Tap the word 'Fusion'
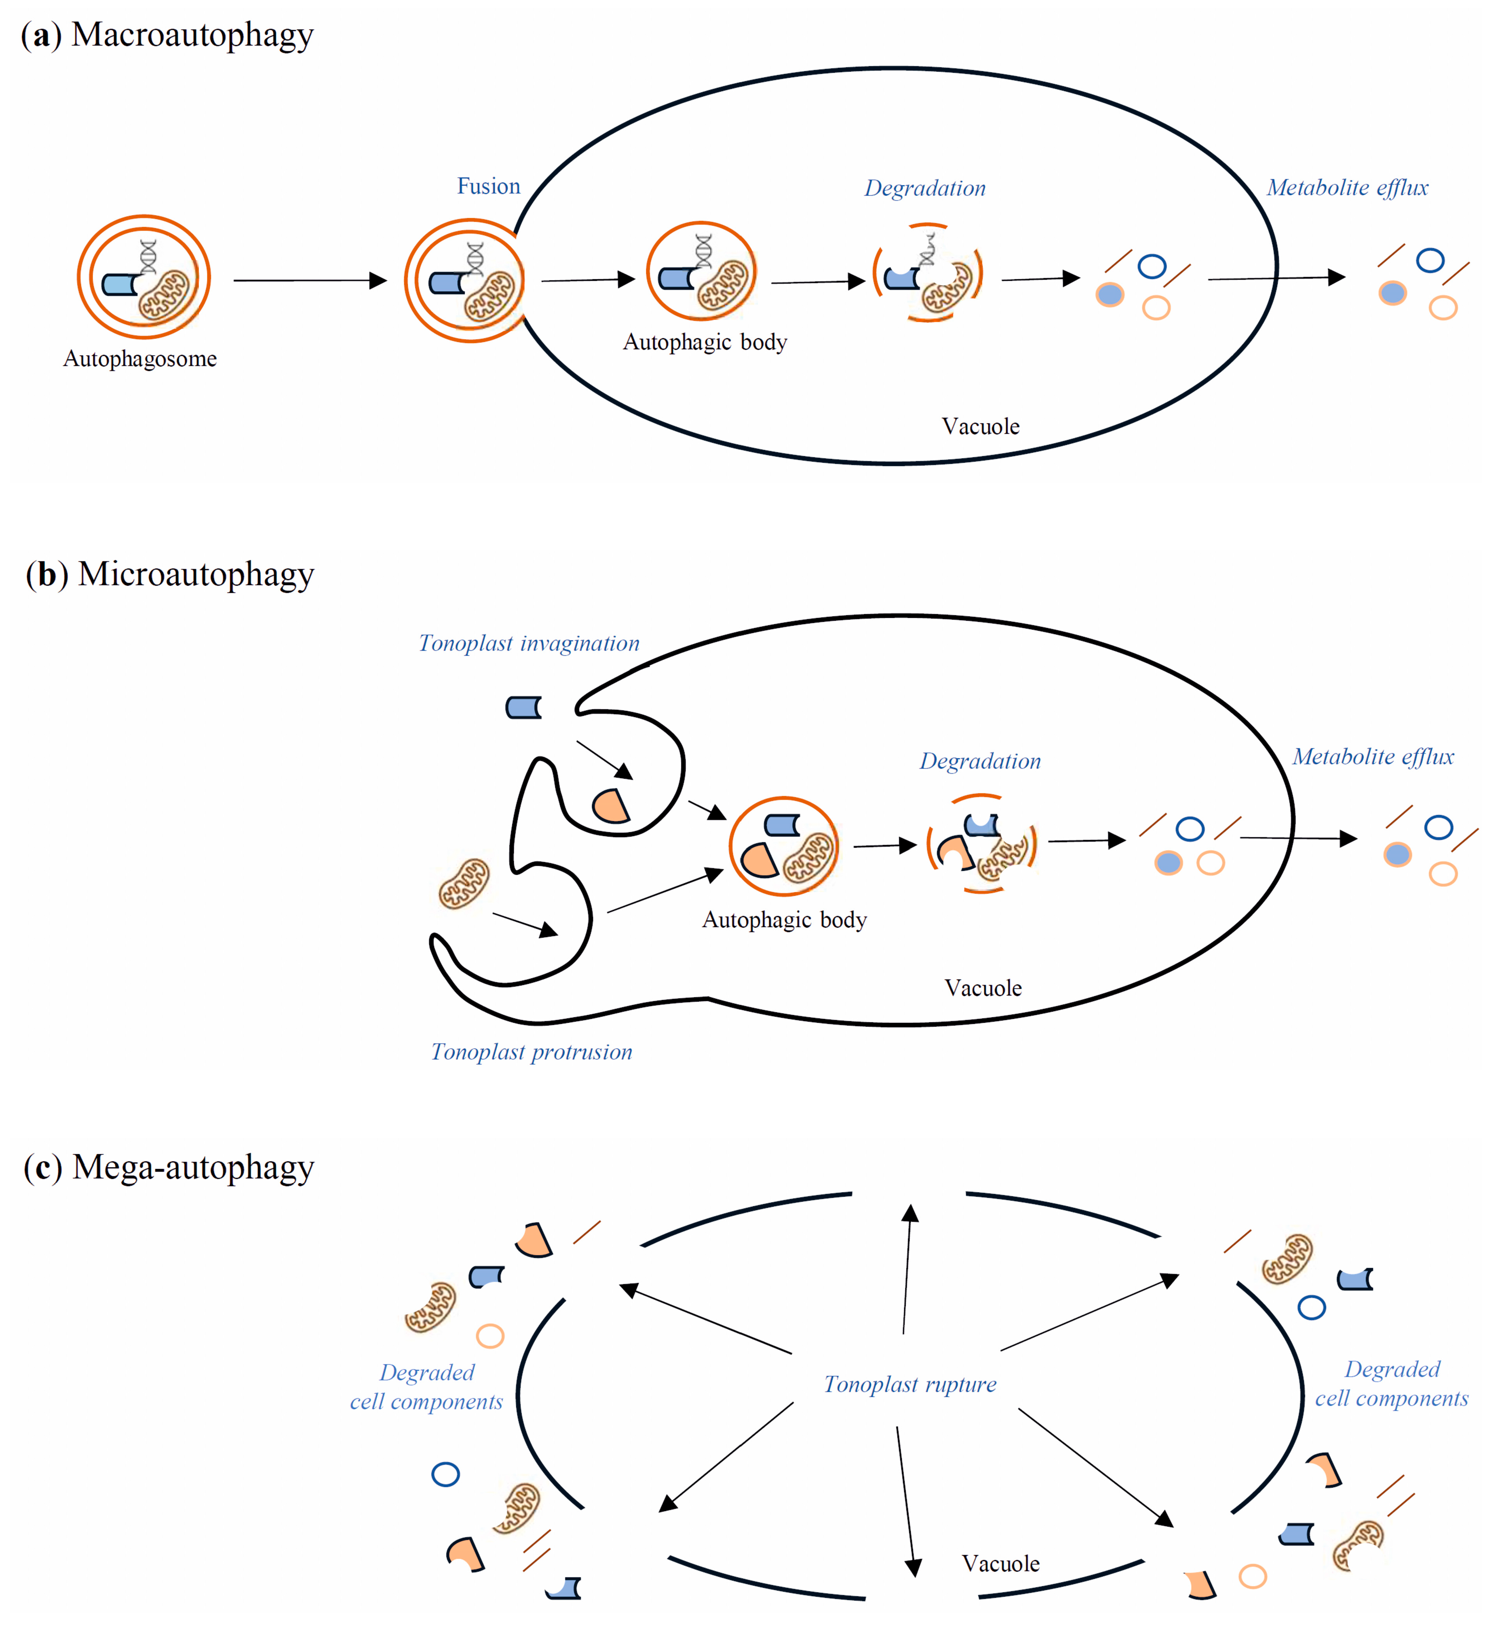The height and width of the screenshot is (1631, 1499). pyautogui.click(x=488, y=187)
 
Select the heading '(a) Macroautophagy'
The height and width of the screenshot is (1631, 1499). pyautogui.click(x=167, y=36)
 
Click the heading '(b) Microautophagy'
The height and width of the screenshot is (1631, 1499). pyautogui.click(x=169, y=574)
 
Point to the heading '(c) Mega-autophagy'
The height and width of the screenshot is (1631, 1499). pyautogui.click(x=169, y=1168)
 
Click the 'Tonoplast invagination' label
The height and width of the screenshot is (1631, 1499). pyautogui.click(x=529, y=643)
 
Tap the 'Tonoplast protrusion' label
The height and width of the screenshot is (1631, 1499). pyautogui.click(x=531, y=1052)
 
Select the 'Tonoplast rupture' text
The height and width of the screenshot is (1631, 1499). pyautogui.click(x=910, y=1384)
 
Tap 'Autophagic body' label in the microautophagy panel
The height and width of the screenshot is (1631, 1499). pyautogui.click(x=785, y=920)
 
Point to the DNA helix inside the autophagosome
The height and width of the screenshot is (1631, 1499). pyautogui.click(x=148, y=256)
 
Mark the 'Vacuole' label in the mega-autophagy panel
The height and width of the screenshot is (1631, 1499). pyautogui.click(x=1000, y=1564)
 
